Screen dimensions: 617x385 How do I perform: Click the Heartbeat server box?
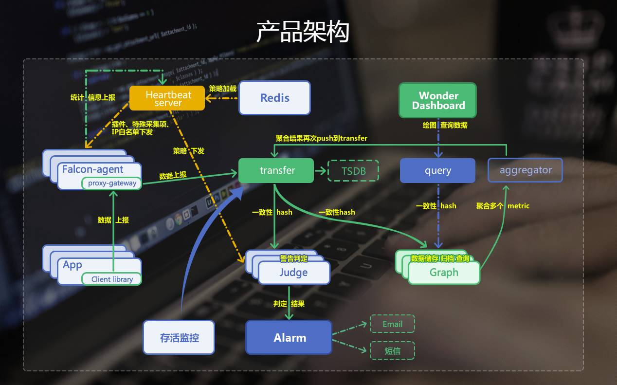[167, 98]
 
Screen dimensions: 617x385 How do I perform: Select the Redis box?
[274, 98]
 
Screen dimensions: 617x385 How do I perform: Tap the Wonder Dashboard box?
[437, 100]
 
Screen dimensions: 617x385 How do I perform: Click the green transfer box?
[276, 170]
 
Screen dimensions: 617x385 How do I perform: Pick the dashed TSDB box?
[353, 171]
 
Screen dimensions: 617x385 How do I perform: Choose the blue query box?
[437, 170]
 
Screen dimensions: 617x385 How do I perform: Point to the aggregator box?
[525, 170]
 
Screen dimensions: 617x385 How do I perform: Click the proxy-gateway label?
[112, 183]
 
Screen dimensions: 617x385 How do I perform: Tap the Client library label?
[112, 279]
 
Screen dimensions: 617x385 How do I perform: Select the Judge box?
[294, 273]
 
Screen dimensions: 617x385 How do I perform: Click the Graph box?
[444, 273]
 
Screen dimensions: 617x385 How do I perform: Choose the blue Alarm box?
[289, 337]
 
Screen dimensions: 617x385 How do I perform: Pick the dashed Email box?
[392, 324]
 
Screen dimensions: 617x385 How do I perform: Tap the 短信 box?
[392, 350]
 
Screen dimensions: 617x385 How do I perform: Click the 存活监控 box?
[179, 337]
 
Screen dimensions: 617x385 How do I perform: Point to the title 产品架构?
[303, 32]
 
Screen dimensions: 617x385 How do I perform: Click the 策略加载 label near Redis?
[222, 89]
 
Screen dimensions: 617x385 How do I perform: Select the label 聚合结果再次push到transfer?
[322, 138]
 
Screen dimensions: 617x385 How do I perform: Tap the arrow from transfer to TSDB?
[320, 171]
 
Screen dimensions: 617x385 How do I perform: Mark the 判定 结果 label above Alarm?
[289, 304]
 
